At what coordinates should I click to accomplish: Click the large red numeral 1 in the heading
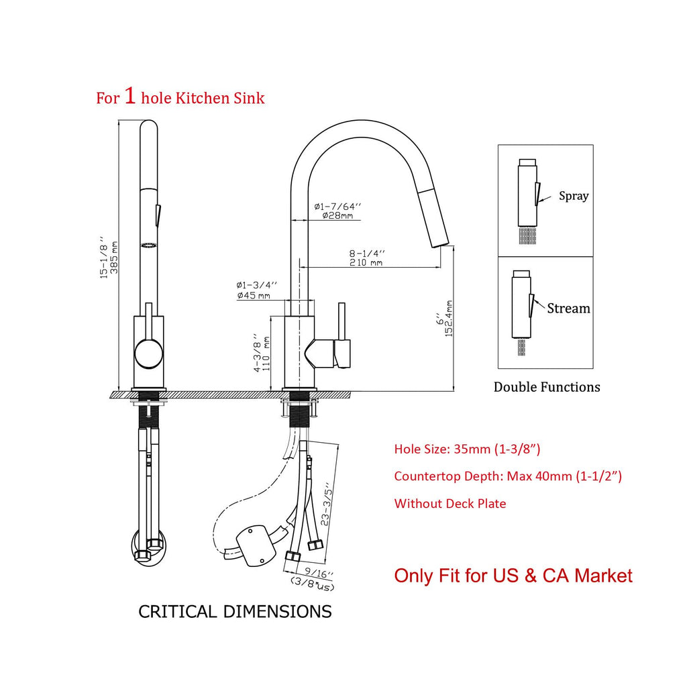tap(129, 95)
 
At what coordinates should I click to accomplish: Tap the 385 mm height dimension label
tap(114, 257)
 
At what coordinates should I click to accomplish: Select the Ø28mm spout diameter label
tap(338, 215)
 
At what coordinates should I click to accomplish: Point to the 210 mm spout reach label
tap(366, 262)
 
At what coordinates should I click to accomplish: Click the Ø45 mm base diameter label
tap(254, 296)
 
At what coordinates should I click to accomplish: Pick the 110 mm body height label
tap(266, 353)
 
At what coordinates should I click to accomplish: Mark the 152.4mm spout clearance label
tap(449, 319)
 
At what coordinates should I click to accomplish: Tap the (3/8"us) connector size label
tap(313, 583)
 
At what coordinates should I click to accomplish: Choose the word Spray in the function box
tap(574, 196)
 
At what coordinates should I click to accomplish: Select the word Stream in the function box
tap(568, 309)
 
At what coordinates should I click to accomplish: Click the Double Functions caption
tap(547, 387)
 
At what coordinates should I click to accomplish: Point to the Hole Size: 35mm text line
tap(467, 449)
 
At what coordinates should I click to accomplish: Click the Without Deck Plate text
tap(450, 503)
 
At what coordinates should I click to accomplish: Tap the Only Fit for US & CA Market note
tap(513, 576)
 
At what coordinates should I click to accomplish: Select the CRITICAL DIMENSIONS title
tap(235, 612)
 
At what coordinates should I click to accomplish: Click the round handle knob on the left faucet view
tap(148, 354)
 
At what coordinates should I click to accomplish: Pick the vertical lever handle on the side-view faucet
tap(341, 321)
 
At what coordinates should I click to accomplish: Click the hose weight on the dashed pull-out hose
tap(256, 545)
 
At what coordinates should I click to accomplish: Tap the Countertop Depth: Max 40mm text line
tap(508, 476)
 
